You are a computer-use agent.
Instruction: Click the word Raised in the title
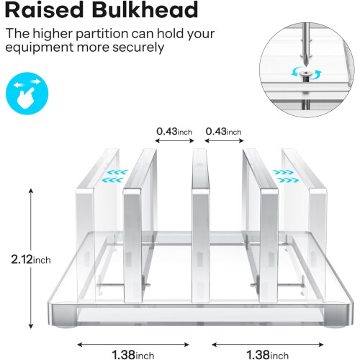(45, 10)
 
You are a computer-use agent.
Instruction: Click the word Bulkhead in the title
(145, 10)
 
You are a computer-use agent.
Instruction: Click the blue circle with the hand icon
(27, 94)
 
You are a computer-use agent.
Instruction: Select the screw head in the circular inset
(305, 73)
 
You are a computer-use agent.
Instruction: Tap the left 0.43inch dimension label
(174, 132)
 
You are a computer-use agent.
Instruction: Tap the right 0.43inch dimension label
(223, 132)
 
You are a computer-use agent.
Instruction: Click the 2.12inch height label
(31, 259)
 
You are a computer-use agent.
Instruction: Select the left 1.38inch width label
(133, 354)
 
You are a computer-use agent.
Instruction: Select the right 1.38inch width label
(267, 354)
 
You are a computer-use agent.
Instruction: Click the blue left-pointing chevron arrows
(114, 176)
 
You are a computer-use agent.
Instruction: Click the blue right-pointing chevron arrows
(286, 176)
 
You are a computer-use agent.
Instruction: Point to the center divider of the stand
(200, 225)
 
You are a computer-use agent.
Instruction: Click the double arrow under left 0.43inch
(174, 141)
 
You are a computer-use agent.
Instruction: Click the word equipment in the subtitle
(40, 48)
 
